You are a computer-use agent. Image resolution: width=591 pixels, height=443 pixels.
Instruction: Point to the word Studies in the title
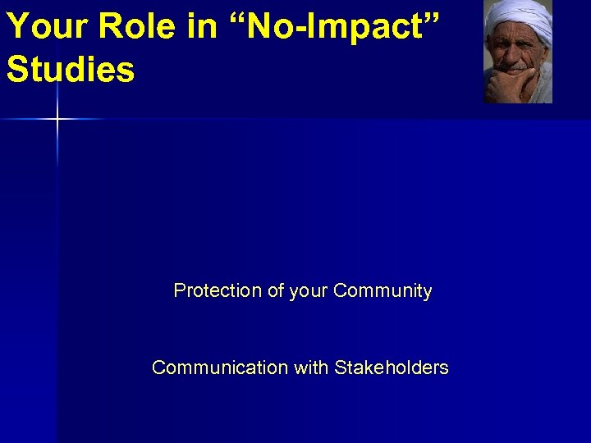click(x=71, y=70)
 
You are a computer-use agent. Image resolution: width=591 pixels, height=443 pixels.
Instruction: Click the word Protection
click(x=218, y=291)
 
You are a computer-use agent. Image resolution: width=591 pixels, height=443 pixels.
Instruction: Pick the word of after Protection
click(x=276, y=291)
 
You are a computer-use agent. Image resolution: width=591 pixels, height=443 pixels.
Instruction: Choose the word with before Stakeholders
click(x=311, y=368)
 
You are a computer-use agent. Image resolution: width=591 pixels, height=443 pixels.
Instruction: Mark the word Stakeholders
click(x=392, y=368)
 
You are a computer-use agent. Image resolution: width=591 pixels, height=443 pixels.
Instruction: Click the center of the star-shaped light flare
click(x=57, y=120)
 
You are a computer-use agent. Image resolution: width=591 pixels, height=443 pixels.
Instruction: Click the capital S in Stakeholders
click(x=341, y=368)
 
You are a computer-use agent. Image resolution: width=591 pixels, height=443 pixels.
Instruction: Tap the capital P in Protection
click(x=179, y=291)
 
